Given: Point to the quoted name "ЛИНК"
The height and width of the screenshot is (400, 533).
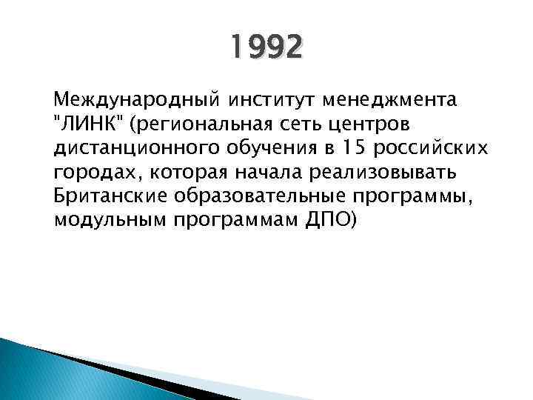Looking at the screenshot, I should [x=87, y=123].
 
